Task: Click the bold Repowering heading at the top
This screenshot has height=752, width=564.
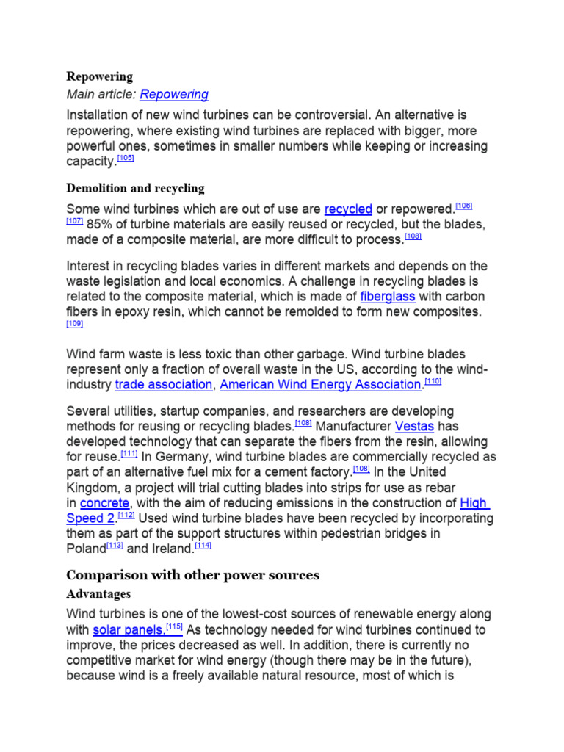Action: click(x=100, y=76)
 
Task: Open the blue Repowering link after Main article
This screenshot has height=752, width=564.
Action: click(x=174, y=95)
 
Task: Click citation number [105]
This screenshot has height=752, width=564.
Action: click(x=126, y=158)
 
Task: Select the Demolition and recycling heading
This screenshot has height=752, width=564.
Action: click(x=135, y=189)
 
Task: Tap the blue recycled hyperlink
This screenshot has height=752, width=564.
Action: click(x=348, y=209)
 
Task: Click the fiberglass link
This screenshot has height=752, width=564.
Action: click(x=388, y=297)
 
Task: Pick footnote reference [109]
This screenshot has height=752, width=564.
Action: click(x=74, y=323)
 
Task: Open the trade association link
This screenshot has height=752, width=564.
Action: click(x=164, y=385)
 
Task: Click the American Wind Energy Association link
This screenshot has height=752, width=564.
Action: click(x=320, y=385)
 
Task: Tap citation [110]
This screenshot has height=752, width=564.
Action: click(x=433, y=383)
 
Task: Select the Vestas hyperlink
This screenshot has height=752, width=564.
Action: click(x=415, y=427)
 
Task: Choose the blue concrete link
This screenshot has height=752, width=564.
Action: click(x=105, y=503)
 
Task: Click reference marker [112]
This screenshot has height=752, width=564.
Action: click(x=126, y=516)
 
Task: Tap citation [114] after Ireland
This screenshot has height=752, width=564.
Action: click(x=203, y=546)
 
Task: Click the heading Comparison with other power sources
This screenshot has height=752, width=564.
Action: click(x=193, y=575)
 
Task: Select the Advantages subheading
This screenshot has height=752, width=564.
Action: click(x=98, y=593)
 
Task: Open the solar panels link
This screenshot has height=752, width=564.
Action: click(x=127, y=630)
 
